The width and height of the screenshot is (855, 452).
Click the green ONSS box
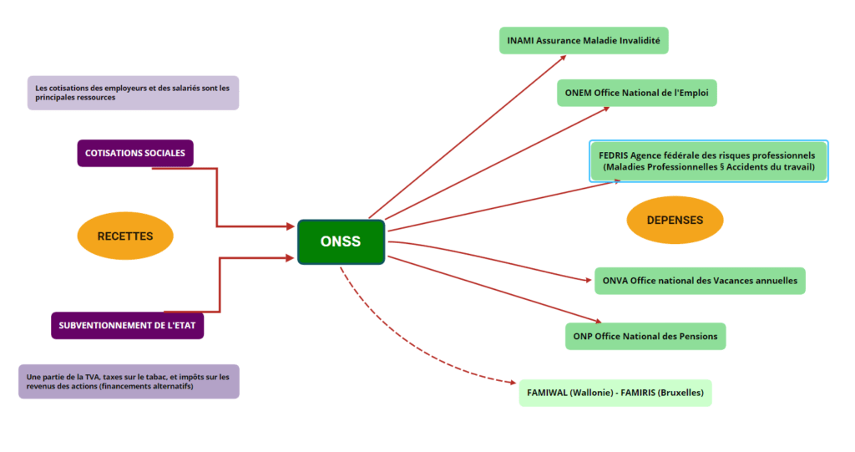pos(341,242)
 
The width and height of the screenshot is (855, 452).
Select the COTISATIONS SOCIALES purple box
pos(135,153)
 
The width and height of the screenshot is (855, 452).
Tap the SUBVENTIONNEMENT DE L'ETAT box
pos(127,325)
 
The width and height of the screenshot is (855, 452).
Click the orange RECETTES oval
pos(125,236)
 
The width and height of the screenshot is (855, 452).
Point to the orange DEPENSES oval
pos(675,221)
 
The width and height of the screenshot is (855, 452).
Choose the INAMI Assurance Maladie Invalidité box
pos(584,40)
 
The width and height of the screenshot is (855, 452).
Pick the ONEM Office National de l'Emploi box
pos(636,93)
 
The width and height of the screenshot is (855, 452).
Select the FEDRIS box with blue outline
pos(708,161)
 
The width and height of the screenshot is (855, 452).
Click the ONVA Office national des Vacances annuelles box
pos(700,281)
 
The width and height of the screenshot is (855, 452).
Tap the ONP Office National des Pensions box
pos(645,336)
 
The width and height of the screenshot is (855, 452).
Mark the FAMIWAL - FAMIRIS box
pos(615,392)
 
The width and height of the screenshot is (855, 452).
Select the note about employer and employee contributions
pos(133,93)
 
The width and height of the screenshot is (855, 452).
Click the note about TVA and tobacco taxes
pos(129,381)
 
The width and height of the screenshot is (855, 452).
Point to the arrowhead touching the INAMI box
pos(564,58)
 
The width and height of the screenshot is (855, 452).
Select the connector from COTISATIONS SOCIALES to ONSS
pos(217,201)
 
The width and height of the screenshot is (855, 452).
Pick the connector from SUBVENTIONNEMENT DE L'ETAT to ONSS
pos(220,284)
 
